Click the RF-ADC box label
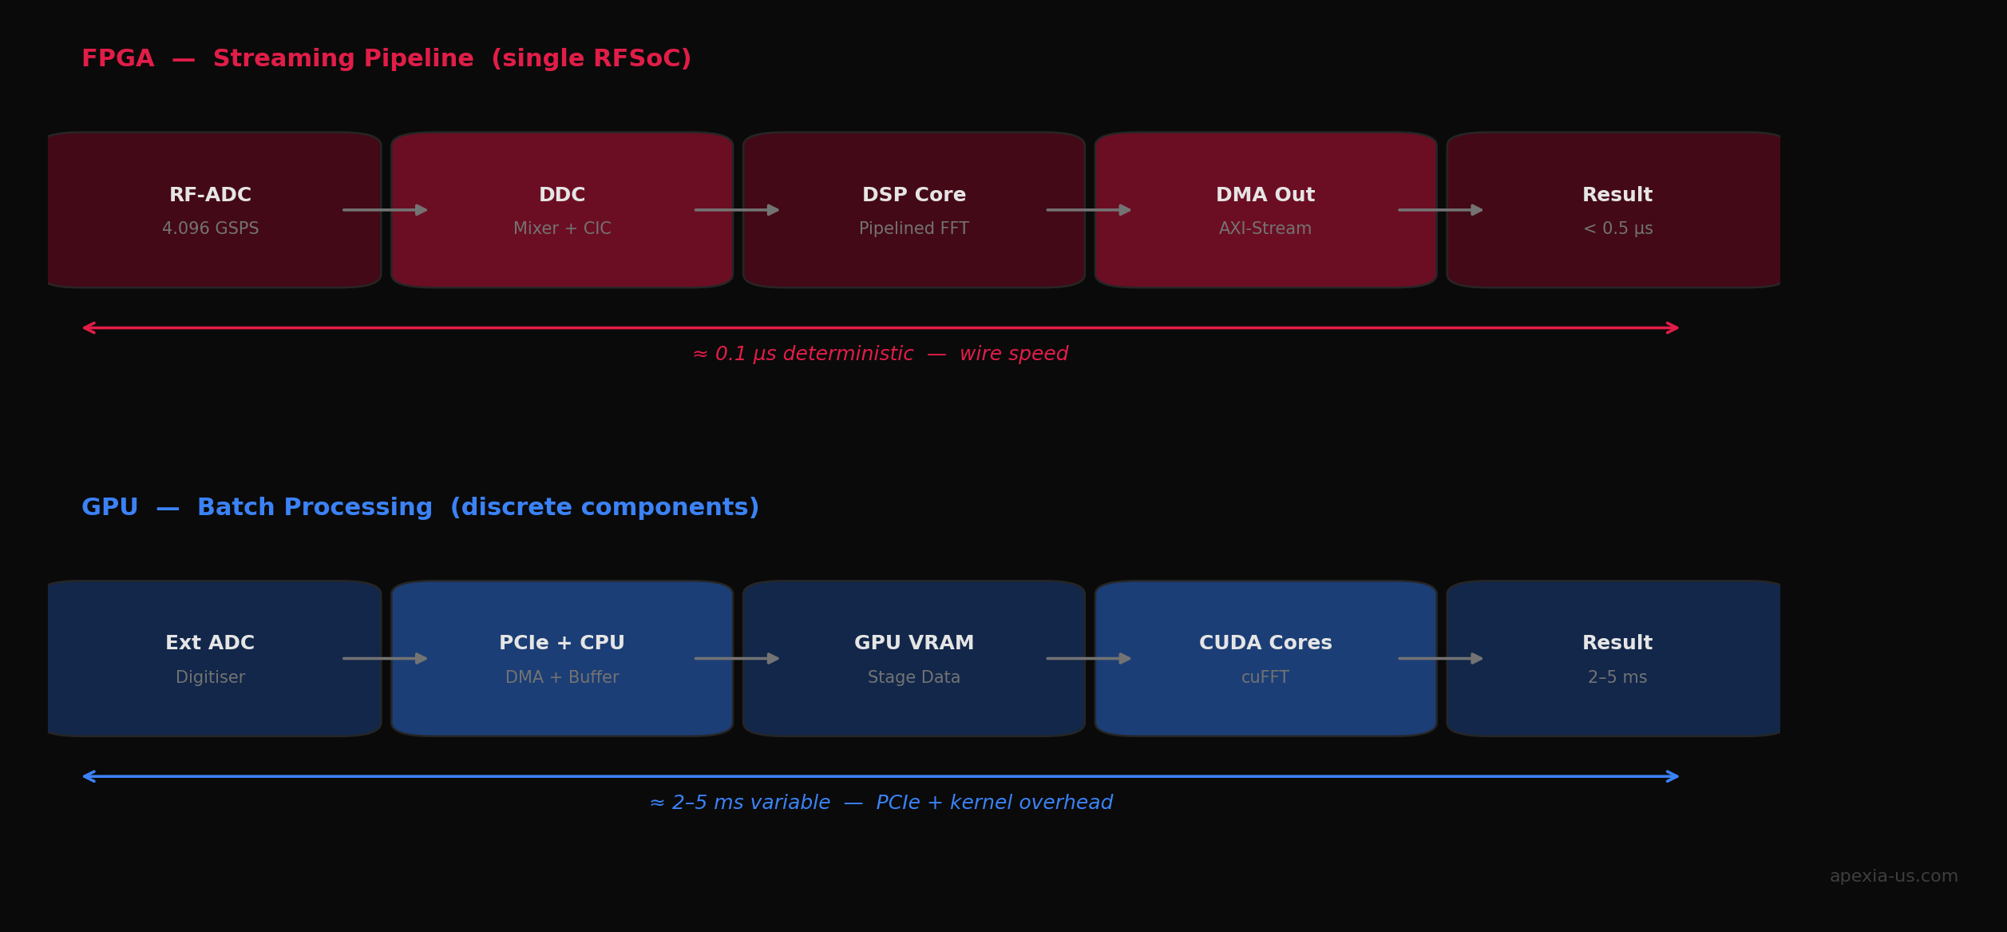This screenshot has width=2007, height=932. pos(210,195)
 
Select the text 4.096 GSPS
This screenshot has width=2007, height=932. pos(210,229)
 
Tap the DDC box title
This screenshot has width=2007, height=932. pos(562,195)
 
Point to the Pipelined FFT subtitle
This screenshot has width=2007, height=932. pos(913,229)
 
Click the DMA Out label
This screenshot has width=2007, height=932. pos(1265,195)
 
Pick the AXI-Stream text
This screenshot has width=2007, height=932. pos(1265,229)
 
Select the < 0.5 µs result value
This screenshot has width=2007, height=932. pos(1617,229)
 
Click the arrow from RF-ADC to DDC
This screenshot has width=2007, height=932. pos(385,210)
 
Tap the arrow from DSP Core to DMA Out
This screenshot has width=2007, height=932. pos(1088,210)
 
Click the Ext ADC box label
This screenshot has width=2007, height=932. pos(210,643)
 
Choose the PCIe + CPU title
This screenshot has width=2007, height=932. pos(562,643)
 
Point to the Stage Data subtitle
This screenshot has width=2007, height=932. pos(913,678)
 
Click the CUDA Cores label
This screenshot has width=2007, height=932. pos(1265,643)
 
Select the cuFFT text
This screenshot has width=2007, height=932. pos(1265,678)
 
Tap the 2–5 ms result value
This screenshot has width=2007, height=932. pos(1617,678)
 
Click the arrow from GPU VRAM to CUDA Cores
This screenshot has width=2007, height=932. pos(1088,659)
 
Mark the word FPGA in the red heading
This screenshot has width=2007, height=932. pos(117,59)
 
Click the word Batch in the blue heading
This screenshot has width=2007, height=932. pos(236,508)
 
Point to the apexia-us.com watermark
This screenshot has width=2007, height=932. pos(1893,876)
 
